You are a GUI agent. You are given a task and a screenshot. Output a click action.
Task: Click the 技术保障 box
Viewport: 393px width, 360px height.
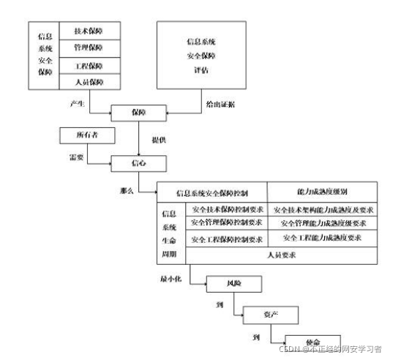tap(89, 32)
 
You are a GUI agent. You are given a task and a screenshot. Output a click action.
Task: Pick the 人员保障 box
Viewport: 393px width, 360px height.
tap(89, 83)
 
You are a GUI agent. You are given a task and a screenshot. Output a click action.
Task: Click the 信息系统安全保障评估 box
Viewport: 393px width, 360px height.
tap(200, 56)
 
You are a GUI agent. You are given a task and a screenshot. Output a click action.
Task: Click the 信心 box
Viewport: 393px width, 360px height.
tap(139, 162)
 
